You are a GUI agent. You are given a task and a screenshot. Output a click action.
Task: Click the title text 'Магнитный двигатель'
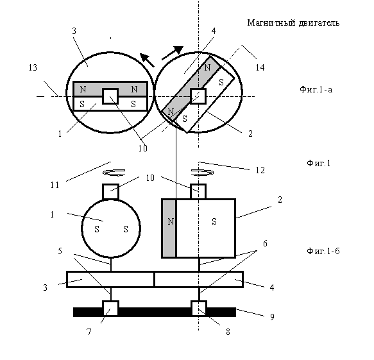293,23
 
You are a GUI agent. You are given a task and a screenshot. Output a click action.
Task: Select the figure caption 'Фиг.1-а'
316,89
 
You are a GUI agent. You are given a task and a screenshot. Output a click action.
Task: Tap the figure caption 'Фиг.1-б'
323,251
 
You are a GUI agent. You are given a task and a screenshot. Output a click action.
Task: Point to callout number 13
33,68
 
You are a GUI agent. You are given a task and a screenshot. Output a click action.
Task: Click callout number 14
260,67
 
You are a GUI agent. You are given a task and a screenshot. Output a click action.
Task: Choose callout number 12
260,170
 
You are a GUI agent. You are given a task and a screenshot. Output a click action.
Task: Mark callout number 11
55,185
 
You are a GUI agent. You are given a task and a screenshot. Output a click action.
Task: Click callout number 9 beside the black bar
272,317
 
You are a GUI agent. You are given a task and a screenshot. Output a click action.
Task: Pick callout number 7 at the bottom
89,332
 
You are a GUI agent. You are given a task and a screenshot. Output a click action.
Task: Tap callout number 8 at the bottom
228,332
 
